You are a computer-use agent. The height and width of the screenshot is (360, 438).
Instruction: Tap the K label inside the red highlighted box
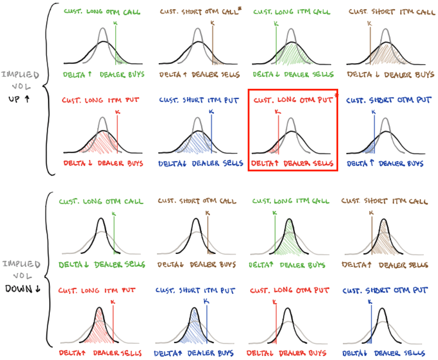pyautogui.click(x=277, y=112)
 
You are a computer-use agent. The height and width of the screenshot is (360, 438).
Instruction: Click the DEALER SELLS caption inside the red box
pyautogui.click(x=308, y=164)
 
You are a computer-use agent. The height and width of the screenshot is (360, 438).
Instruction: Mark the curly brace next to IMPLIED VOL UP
pyautogui.click(x=49, y=88)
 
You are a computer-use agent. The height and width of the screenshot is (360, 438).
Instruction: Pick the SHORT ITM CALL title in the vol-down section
pyautogui.click(x=385, y=201)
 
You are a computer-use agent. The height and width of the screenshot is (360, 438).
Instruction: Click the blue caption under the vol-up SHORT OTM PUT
pyautogui.click(x=385, y=164)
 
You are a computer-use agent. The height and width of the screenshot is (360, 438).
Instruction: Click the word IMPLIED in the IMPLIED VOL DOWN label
pyautogui.click(x=21, y=264)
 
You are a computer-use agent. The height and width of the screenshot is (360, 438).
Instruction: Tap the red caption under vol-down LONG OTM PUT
pyautogui.click(x=286, y=353)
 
